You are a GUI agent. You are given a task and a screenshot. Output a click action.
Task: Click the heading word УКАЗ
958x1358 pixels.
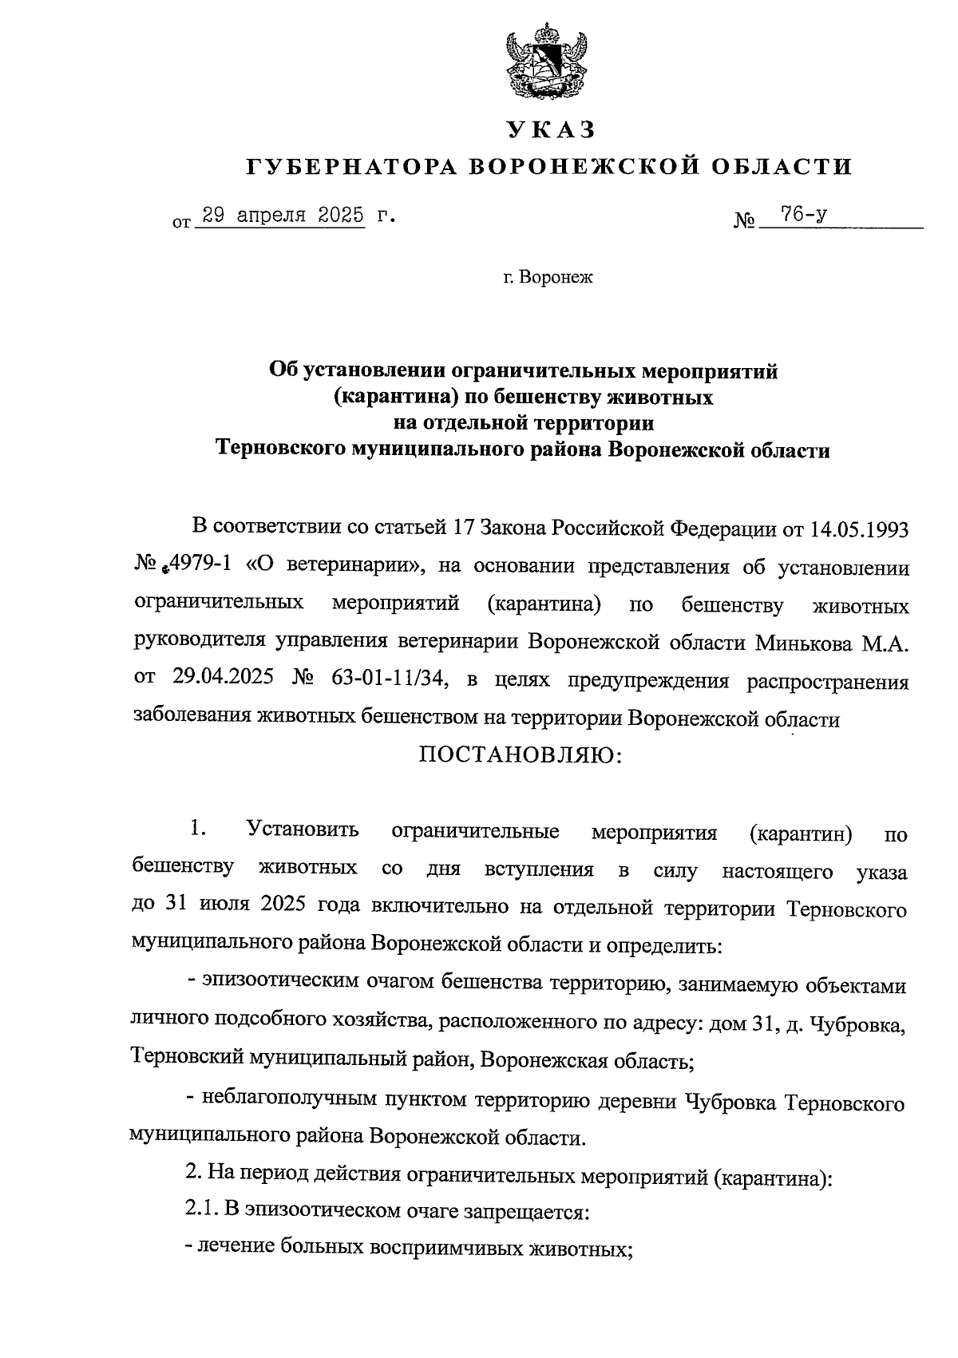click(550, 129)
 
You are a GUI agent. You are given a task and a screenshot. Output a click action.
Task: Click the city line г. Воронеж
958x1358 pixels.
click(548, 277)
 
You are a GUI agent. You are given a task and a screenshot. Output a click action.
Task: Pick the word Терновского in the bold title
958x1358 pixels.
click(280, 450)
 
